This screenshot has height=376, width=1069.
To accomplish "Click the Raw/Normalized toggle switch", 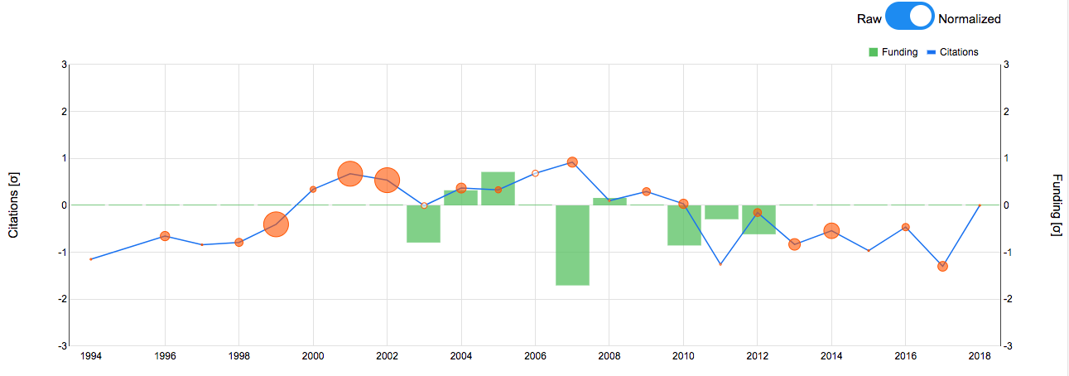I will (909, 18).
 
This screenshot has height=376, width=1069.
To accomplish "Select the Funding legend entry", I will (893, 52).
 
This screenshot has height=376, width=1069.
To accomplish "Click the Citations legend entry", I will (951, 52).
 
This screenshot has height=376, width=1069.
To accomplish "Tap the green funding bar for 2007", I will (572, 245).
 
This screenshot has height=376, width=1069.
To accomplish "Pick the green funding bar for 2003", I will (423, 224).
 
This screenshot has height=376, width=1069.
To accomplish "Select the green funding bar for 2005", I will (498, 188).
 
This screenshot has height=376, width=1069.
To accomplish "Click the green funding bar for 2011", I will (720, 212).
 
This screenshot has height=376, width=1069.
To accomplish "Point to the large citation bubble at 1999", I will (276, 224).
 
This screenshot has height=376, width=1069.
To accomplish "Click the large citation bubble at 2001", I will (350, 174).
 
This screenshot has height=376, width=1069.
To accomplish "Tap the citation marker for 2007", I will (572, 162).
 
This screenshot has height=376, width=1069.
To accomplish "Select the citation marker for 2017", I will (942, 266).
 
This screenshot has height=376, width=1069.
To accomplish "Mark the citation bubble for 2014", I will (831, 231).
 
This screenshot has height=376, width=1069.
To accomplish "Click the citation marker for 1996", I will (165, 236).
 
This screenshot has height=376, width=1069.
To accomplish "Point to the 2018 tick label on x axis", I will (980, 356).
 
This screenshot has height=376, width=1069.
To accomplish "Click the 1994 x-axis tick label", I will (91, 356).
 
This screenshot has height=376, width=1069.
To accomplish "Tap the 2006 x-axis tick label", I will (535, 356).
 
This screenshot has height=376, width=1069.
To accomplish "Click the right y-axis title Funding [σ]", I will (1056, 205).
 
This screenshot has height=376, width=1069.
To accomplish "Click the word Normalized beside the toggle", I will (970, 19).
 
